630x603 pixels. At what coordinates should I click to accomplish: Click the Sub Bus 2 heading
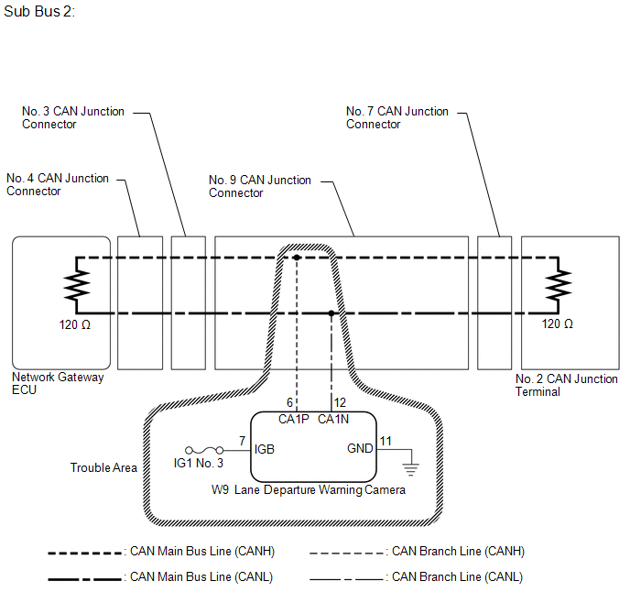39,11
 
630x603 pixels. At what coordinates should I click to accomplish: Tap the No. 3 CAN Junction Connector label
73,117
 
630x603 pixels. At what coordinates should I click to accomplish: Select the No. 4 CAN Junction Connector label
58,184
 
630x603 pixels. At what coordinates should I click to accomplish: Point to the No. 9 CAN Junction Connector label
260,186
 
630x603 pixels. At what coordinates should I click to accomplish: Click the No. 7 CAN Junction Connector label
397,117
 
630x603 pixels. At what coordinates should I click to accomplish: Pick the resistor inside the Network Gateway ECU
77,285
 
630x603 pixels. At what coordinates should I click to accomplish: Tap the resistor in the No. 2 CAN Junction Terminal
558,285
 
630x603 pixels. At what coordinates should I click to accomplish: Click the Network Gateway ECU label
58,383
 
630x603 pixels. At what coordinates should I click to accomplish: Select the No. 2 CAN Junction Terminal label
567,385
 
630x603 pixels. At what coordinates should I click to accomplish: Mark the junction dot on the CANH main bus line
297,258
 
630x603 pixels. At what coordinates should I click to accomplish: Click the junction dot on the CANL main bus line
331,313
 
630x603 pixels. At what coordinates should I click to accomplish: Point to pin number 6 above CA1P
289,402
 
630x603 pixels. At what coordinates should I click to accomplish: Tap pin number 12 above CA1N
340,402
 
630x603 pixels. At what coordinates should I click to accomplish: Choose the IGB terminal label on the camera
265,449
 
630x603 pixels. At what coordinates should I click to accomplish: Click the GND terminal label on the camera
360,448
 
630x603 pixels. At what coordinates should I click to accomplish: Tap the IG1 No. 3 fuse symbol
204,450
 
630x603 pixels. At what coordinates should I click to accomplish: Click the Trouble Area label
103,467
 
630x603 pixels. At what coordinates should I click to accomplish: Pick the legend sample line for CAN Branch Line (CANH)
346,554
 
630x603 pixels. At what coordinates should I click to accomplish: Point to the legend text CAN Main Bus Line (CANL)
201,576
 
